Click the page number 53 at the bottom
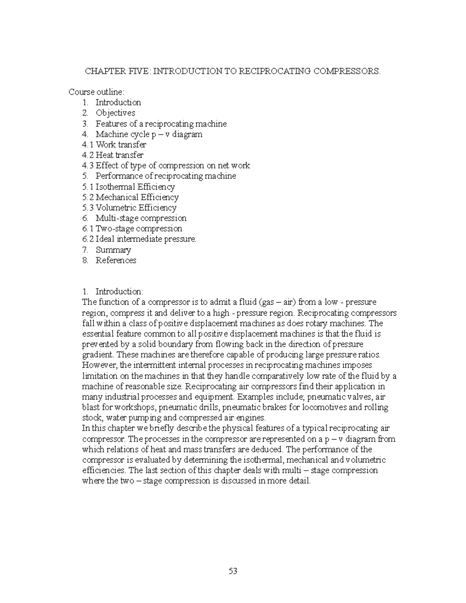coord(233,571)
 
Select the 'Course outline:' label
coord(97,92)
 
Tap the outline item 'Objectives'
coord(115,113)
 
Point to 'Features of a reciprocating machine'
coord(161,124)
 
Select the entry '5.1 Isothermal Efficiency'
coord(129,187)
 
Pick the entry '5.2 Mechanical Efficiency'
coord(130,197)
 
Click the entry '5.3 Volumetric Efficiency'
coord(129,208)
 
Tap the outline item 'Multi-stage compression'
coord(141,218)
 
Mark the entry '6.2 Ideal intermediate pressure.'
coord(139,239)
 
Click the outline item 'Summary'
coord(113,250)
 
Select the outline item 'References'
coord(116,261)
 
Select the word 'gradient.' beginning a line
coord(98,355)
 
